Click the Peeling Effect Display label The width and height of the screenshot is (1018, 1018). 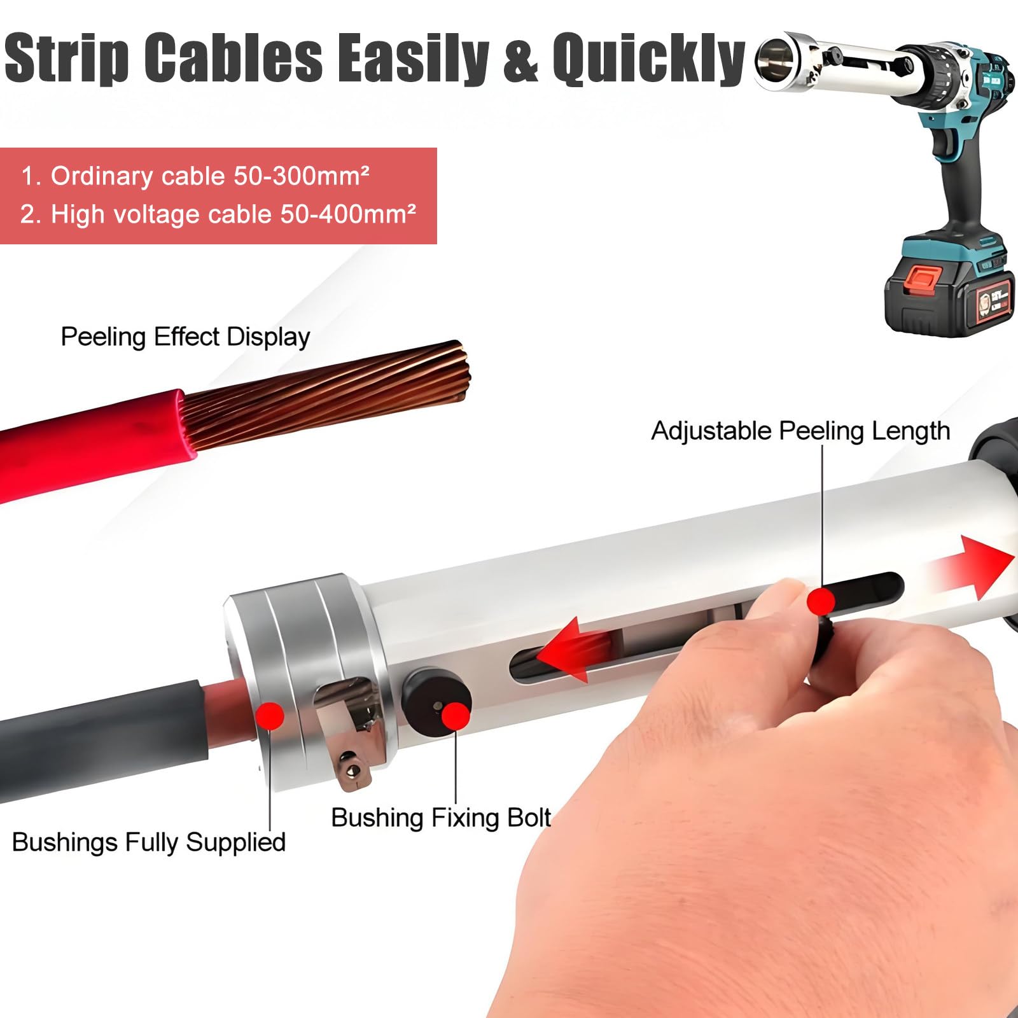(185, 337)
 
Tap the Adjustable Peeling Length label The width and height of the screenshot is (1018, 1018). (800, 431)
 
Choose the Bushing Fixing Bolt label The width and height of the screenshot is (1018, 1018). (441, 818)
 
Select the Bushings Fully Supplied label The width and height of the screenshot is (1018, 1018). (149, 842)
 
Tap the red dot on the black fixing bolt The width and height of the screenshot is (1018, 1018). (456, 716)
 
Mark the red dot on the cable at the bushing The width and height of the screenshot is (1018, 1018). (270, 716)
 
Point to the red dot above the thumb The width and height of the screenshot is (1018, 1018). (821, 601)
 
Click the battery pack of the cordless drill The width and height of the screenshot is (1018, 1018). (945, 287)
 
